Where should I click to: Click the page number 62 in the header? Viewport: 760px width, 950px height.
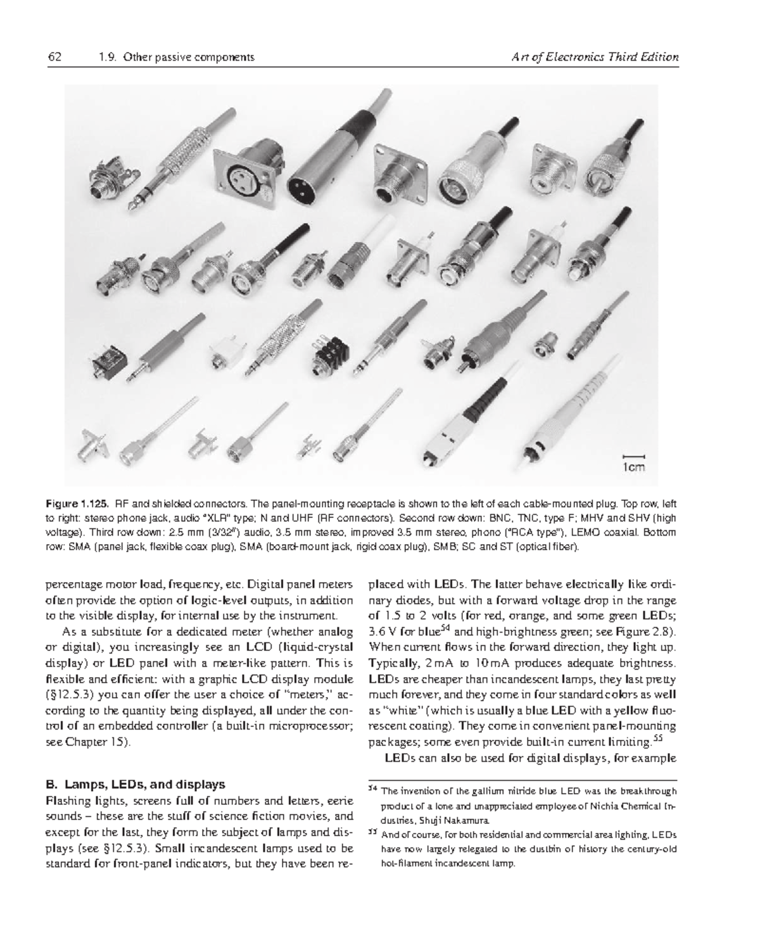[x=54, y=57]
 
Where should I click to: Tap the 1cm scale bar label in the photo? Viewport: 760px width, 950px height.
[x=634, y=467]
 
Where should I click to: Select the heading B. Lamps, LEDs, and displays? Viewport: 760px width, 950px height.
[x=136, y=785]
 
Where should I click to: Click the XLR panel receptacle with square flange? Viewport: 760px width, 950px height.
[x=245, y=177]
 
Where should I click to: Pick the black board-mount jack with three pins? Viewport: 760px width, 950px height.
[x=331, y=358]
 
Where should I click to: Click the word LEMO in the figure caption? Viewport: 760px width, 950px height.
[x=583, y=533]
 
